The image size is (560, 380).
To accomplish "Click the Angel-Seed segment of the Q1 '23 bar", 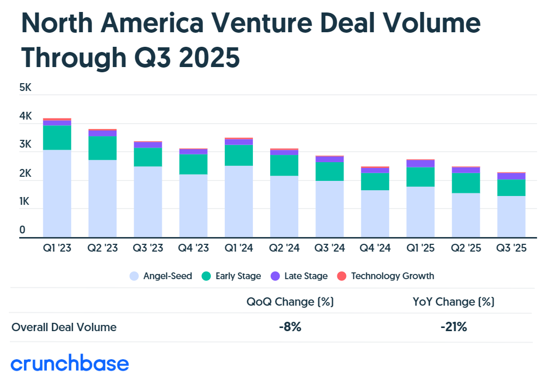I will click(x=57, y=193).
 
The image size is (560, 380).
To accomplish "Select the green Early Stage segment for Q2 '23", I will click(x=102, y=148).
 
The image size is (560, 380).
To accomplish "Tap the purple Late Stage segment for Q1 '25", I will click(x=421, y=163).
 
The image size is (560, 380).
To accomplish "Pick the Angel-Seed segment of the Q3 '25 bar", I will click(x=511, y=216).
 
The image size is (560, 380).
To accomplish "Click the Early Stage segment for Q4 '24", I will click(x=375, y=181).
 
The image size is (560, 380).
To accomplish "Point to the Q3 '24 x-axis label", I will click(x=329, y=248).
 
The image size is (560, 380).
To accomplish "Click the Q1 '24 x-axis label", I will click(x=238, y=248).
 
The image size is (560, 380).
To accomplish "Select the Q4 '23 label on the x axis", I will click(x=193, y=248).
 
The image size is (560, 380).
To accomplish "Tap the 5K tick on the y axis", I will click(x=26, y=88).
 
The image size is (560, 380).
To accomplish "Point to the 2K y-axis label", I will click(x=26, y=173).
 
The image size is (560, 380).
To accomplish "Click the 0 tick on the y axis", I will click(x=22, y=230).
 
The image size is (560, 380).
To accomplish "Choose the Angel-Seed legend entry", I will click(x=161, y=276).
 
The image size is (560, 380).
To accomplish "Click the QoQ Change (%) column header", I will click(x=290, y=302).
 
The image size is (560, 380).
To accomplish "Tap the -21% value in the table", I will click(x=453, y=327).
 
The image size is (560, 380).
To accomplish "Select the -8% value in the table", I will click(x=290, y=327).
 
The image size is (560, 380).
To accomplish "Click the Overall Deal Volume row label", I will click(x=64, y=327).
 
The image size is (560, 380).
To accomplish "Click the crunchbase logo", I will click(x=70, y=363).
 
